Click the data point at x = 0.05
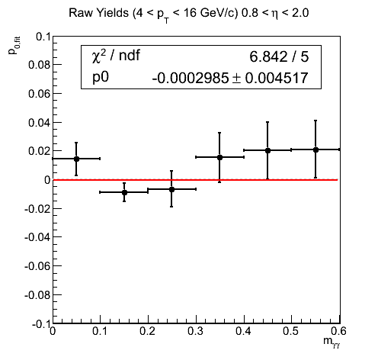[76, 159]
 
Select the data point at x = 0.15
[124, 192]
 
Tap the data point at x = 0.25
[171, 189]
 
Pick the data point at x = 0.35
[219, 158]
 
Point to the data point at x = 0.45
[267, 150]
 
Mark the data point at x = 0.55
[316, 150]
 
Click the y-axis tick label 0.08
[39, 65]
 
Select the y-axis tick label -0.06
[37, 266]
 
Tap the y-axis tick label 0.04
[39, 123]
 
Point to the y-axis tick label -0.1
[41, 324]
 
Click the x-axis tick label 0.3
[196, 331]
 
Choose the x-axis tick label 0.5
[291, 331]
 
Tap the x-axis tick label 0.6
[339, 331]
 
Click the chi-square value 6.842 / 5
[279, 56]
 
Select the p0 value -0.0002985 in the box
[191, 78]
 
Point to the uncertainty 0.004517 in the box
[277, 78]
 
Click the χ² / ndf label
[116, 55]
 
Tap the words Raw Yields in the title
[98, 13]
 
